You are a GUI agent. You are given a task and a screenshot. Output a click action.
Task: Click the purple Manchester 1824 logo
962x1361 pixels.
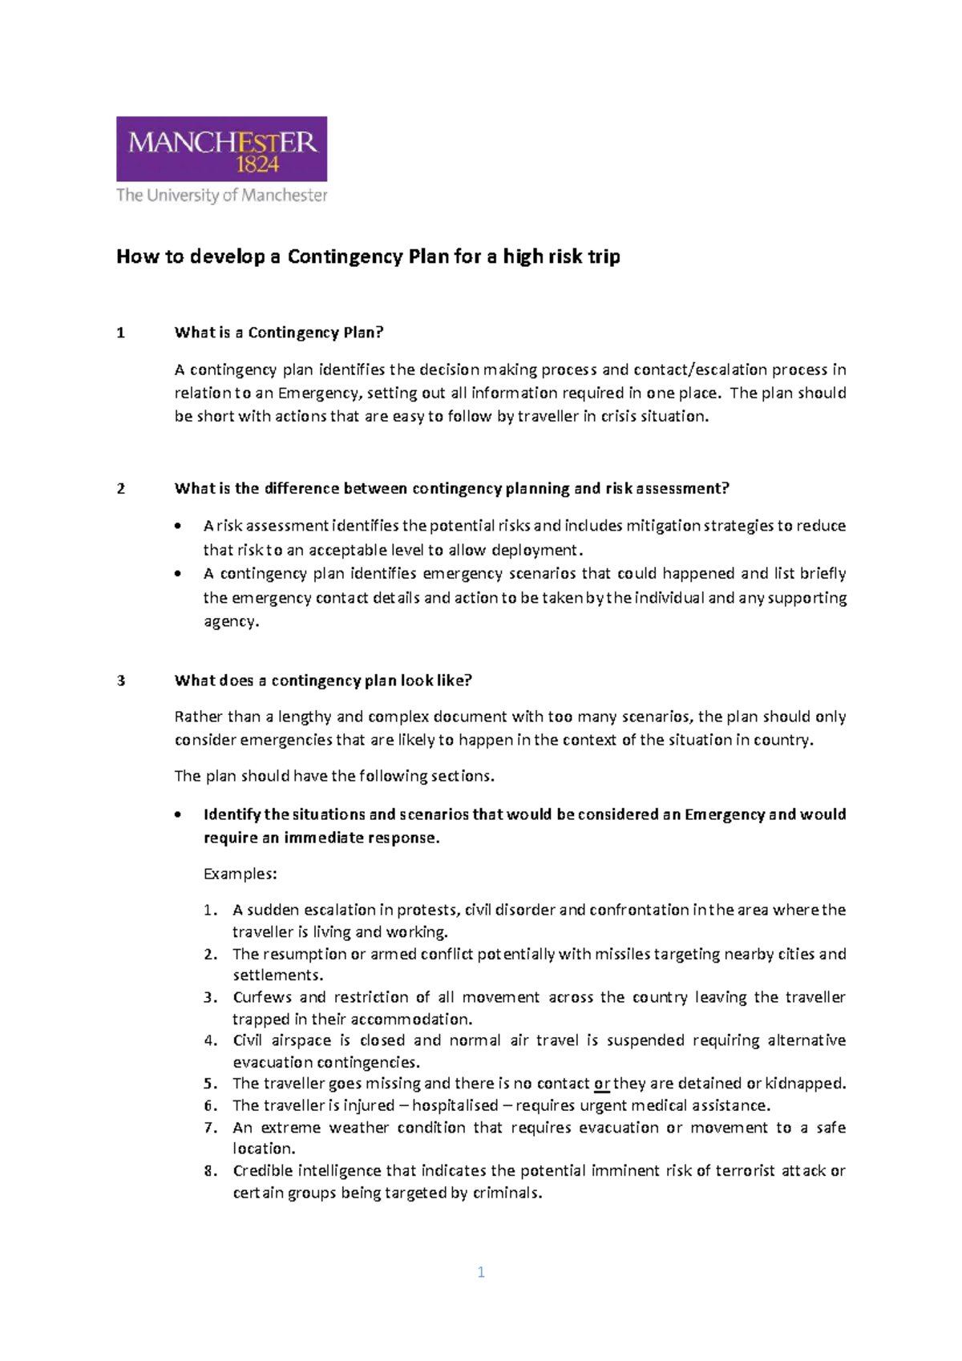[221, 148]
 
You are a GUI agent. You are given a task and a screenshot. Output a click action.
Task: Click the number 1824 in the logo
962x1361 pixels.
[257, 165]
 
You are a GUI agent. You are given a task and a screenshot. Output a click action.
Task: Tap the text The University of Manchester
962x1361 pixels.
[221, 195]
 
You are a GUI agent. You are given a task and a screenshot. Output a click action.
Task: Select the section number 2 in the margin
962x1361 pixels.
[121, 489]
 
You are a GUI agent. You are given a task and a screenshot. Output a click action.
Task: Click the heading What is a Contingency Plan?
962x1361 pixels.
[279, 333]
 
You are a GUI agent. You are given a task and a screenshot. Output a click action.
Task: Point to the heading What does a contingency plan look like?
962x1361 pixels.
[323, 680]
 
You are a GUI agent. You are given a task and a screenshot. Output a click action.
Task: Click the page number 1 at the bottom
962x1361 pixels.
[481, 1272]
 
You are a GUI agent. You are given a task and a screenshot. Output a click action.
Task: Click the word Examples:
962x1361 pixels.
[240, 874]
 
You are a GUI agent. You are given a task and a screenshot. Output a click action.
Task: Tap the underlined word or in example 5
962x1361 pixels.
[601, 1084]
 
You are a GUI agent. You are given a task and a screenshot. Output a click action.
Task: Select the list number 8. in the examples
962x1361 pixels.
[210, 1171]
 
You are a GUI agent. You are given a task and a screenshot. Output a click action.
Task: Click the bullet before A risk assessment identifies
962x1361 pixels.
[178, 527]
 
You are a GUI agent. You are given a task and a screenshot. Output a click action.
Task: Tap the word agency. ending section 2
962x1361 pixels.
[231, 622]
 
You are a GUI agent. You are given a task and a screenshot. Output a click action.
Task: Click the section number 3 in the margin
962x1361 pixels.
[121, 681]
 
